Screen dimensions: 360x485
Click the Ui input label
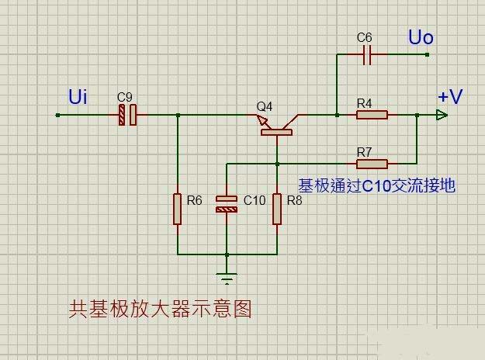point(78,97)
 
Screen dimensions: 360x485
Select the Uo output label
point(421,37)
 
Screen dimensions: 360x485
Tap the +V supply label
point(450,97)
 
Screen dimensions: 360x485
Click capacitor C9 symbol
point(127,116)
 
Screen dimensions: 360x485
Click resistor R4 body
point(372,116)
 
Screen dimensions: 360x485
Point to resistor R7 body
point(372,164)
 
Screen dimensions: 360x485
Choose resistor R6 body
point(178,209)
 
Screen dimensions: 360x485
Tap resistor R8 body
point(276,209)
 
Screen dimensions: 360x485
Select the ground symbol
point(227,278)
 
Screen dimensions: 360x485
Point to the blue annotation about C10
point(376,185)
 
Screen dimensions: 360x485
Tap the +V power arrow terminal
point(442,116)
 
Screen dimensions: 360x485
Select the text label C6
point(365,37)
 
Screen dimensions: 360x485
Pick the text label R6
point(194,200)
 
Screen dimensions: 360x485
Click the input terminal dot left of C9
point(58,116)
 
